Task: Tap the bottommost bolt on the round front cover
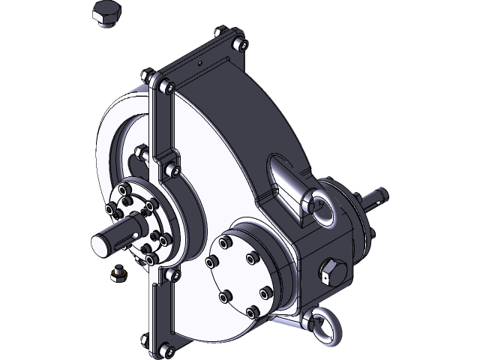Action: point(250,310)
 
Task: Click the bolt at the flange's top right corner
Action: point(240,43)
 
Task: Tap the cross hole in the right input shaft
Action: point(380,198)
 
